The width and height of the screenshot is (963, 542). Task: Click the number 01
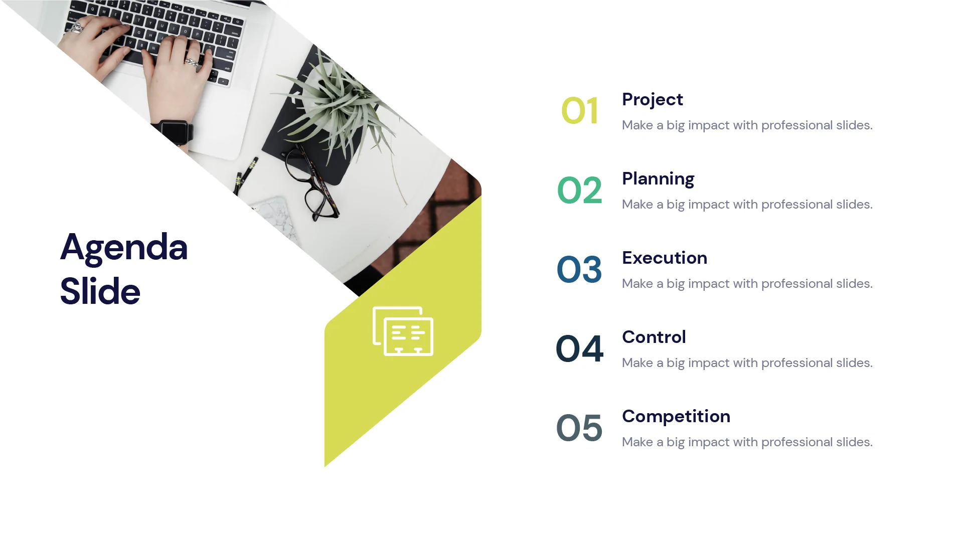point(580,111)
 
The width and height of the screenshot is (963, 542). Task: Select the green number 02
point(579,190)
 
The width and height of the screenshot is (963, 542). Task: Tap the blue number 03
point(579,269)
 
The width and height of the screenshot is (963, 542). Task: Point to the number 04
point(579,348)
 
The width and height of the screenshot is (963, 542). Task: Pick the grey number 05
point(579,428)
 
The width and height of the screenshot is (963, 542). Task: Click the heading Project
point(652,100)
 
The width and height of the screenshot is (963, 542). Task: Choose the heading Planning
point(658,179)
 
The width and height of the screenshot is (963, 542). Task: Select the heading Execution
point(664,258)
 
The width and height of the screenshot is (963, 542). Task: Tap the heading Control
point(654,337)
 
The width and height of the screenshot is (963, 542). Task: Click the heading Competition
point(676,416)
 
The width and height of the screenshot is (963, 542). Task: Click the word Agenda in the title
point(124,247)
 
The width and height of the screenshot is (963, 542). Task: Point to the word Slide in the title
point(100,291)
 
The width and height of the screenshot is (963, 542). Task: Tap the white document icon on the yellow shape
point(403,331)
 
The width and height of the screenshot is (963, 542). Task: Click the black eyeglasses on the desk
point(311,186)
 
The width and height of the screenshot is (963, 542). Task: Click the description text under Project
point(747,125)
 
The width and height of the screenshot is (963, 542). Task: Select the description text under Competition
point(747,442)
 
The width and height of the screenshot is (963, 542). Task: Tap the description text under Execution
point(747,284)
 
